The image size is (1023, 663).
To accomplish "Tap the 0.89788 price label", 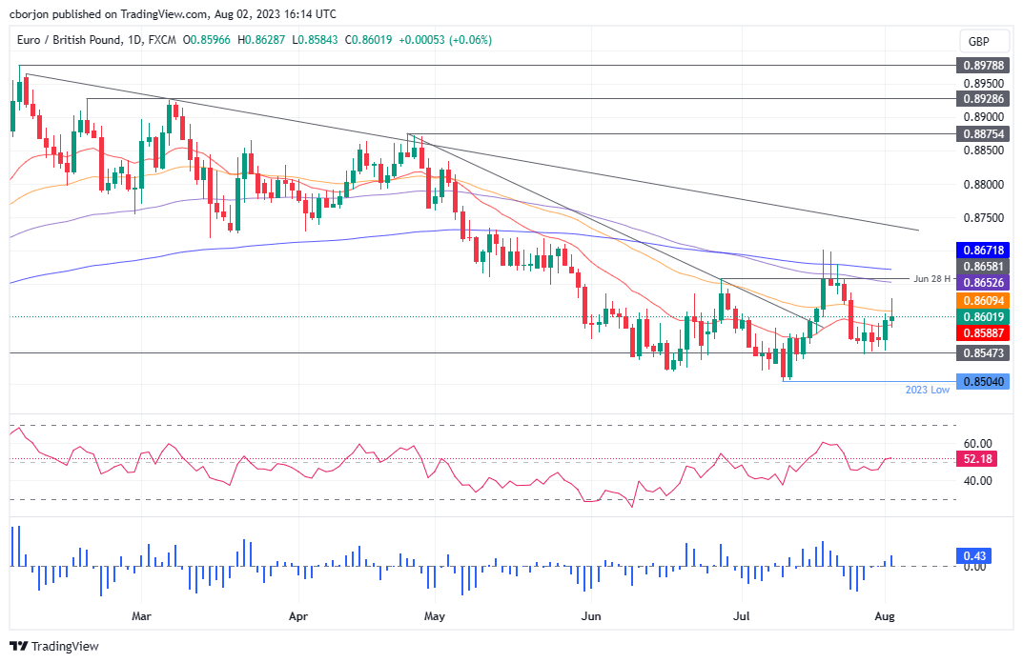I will [981, 66].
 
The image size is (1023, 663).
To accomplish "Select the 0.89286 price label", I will [981, 98].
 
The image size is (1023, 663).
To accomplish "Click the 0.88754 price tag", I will [981, 134].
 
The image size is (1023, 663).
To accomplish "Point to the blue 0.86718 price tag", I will [981, 250].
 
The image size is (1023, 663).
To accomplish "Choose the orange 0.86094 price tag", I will [981, 299].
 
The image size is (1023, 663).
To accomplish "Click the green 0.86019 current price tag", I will [981, 316].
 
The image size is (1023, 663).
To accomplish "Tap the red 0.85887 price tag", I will [981, 332].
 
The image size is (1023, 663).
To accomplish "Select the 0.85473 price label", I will [981, 353].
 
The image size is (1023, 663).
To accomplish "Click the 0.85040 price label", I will [981, 381].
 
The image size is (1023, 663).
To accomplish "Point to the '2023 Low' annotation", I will [926, 391].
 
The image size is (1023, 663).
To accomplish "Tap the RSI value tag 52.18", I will [977, 459].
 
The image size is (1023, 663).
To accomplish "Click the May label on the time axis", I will [435, 616].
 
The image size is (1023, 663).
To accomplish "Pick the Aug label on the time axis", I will [886, 616].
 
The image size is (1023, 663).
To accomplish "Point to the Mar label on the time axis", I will [141, 616].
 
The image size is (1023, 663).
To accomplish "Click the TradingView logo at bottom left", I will [55, 646].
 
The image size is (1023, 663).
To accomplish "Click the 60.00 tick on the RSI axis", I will [977, 444].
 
